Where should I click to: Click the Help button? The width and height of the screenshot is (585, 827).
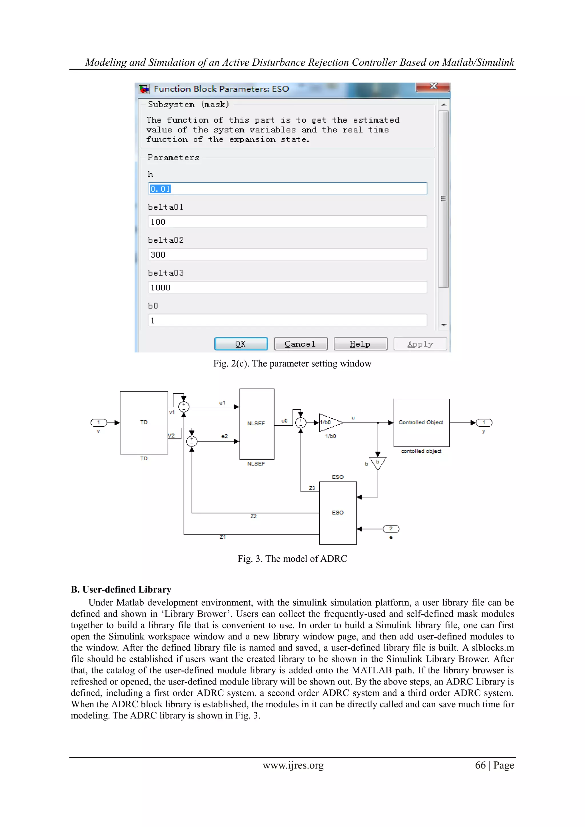[360, 344]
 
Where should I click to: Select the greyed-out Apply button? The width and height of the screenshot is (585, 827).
[420, 344]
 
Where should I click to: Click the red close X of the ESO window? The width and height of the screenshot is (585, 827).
[433, 87]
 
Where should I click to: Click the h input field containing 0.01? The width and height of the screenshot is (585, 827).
[287, 189]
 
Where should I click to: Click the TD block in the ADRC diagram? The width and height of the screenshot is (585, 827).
[144, 423]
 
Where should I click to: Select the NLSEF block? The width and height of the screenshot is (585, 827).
[257, 423]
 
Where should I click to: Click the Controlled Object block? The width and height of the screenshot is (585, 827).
[421, 423]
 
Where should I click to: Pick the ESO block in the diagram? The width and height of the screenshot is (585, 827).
[338, 513]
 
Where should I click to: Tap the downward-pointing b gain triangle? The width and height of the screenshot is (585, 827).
[378, 463]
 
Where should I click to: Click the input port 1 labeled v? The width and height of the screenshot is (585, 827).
[98, 423]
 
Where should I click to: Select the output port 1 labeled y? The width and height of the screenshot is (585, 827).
[484, 423]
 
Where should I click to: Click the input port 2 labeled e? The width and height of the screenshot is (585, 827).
[391, 529]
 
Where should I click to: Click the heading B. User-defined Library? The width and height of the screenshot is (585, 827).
[121, 590]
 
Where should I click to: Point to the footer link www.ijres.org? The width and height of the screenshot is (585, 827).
[293, 765]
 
